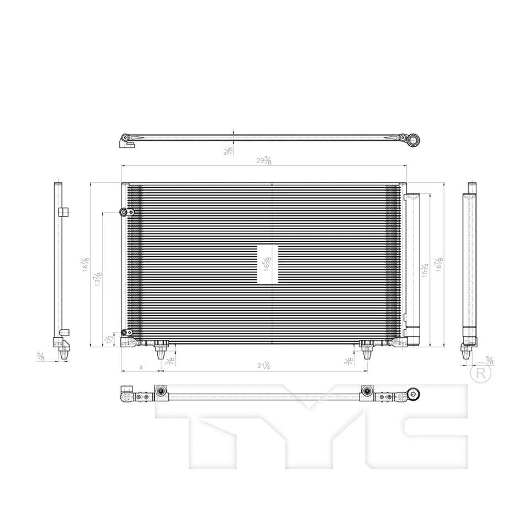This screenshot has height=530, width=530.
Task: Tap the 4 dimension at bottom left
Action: pos(142,367)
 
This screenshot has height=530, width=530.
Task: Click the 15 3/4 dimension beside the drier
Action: pos(425,269)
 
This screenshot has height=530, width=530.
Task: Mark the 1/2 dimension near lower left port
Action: pos(110,339)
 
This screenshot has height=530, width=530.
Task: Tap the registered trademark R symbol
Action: pos(481,373)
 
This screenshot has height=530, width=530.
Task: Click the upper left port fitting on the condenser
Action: pos(125,212)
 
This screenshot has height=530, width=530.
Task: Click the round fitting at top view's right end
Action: pos(414,139)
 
